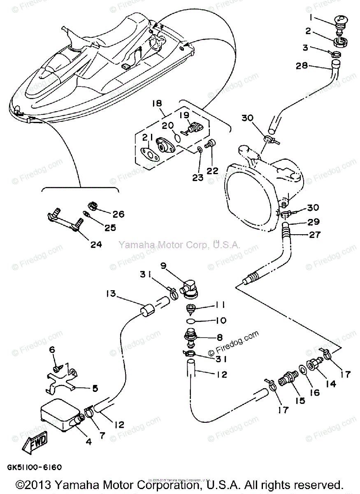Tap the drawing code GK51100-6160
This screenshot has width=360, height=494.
pyautogui.click(x=34, y=468)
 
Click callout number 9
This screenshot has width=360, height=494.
pyautogui.click(x=163, y=266)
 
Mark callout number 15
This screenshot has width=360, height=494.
pyautogui.click(x=288, y=400)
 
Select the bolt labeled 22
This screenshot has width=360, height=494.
pyautogui.click(x=210, y=144)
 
